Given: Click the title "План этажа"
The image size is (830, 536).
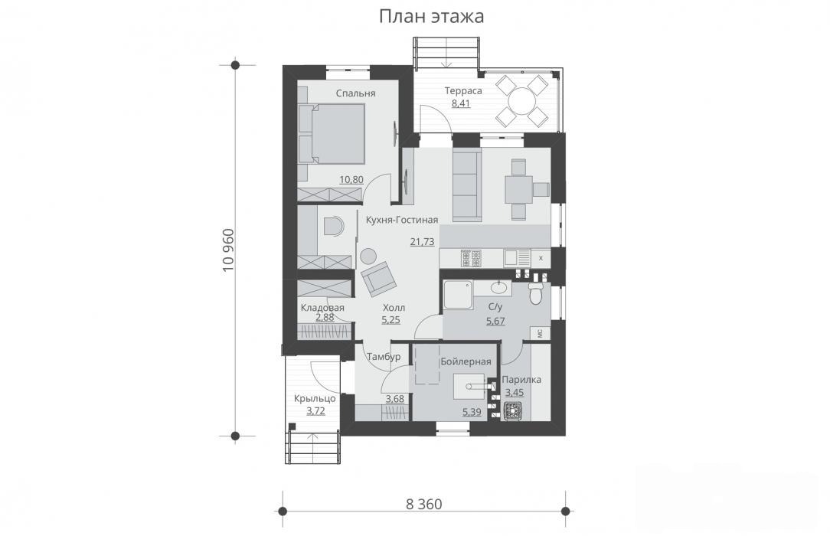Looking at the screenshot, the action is point(431,16).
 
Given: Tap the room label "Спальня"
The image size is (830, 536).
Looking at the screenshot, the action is point(356,93).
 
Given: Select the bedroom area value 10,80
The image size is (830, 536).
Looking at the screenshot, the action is point(351,179).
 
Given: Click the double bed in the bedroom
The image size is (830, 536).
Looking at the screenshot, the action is point(332,133).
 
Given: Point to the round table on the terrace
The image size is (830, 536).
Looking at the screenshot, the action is point(522,100).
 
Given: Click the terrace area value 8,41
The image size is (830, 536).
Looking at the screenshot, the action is point(460,103).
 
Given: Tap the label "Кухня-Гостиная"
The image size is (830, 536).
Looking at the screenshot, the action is point(402,220).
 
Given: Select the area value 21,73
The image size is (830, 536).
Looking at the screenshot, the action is point(422,242).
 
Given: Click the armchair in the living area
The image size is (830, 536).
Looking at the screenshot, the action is point(378,278).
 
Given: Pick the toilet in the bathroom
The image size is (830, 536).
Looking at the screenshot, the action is point(536,293).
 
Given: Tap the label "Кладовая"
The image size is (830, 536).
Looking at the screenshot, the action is point(322,307).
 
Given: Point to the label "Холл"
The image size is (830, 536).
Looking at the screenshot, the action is point(394,307).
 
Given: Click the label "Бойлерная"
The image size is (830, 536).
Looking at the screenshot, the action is point(466,361).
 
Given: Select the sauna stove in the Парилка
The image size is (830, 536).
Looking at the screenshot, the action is point(512,411).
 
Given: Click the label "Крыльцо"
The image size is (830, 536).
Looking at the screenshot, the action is point(315,398).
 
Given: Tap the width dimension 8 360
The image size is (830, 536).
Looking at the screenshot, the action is point(424,505).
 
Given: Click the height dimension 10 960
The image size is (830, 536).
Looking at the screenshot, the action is point(228,250).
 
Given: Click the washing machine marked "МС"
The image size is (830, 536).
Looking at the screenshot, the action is point(541,333).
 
